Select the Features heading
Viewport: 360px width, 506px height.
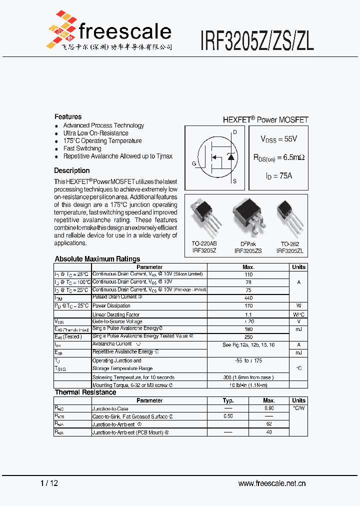click(x=68, y=116)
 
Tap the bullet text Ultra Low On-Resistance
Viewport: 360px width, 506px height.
click(x=95, y=133)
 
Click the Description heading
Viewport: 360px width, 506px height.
click(x=72, y=170)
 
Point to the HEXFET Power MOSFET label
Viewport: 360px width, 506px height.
click(x=265, y=120)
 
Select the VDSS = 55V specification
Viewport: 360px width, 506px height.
click(x=278, y=139)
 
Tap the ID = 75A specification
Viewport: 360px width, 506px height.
click(x=278, y=175)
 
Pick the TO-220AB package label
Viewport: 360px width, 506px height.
click(x=203, y=244)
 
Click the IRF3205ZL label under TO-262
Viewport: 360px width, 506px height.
click(x=290, y=251)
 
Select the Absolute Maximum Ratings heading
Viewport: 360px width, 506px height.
click(x=97, y=259)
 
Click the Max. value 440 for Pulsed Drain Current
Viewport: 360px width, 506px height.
click(x=248, y=298)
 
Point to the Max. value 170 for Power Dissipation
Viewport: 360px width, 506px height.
click(x=248, y=306)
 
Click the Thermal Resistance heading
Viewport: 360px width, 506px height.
click(x=85, y=392)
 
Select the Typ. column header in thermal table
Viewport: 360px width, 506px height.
click(x=228, y=400)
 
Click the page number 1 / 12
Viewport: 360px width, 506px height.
click(x=48, y=483)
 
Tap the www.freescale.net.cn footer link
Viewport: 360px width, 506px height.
click(x=272, y=483)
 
